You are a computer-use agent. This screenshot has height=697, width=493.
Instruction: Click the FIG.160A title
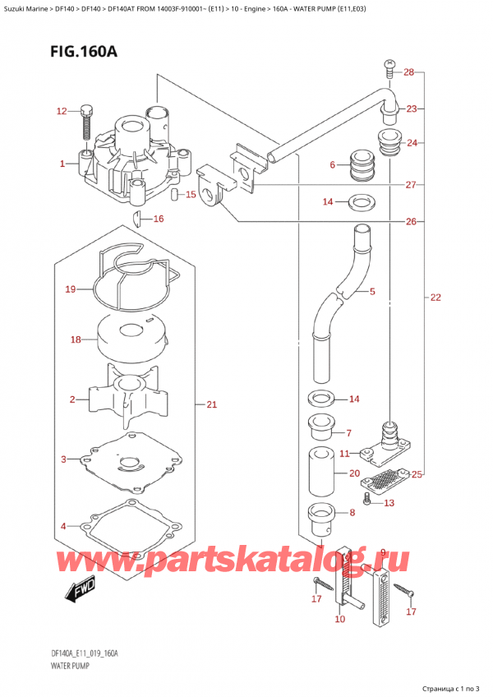(x=78, y=52)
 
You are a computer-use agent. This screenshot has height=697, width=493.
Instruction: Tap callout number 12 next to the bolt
(x=62, y=111)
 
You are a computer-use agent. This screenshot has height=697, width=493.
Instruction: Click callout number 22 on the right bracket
(x=435, y=298)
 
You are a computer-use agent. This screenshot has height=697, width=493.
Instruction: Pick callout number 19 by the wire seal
(x=71, y=289)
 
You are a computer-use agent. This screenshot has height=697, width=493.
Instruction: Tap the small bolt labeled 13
(x=366, y=500)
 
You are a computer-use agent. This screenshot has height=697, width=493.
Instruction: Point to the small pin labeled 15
(x=175, y=194)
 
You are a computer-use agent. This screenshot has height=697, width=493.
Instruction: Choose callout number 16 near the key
(x=159, y=219)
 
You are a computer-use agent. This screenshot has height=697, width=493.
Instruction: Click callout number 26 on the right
(x=411, y=221)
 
